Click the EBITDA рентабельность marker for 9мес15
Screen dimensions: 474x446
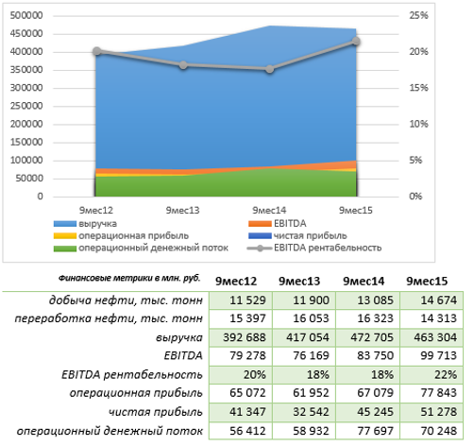356,42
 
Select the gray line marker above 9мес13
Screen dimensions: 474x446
183,65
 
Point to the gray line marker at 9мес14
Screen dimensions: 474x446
269,69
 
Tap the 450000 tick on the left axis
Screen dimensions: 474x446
26,33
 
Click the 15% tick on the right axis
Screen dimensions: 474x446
418,88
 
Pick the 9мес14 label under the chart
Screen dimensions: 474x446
269,210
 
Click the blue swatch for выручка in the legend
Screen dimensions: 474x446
65,224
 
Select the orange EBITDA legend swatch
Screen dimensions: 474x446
260,224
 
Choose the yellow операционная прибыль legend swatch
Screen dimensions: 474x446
65,236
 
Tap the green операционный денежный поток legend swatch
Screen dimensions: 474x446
65,249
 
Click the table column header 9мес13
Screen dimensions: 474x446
299,281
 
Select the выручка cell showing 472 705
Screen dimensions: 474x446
372,337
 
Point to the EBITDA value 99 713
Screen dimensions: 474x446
438,355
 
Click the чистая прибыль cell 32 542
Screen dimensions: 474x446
311,412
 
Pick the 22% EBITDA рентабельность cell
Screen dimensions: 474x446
446,374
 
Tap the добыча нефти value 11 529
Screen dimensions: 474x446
247,300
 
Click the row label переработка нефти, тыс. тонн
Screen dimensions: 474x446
109,318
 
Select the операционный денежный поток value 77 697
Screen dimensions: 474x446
375,431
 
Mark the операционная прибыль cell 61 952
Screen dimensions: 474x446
311,393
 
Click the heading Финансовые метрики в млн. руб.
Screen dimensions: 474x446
129,278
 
